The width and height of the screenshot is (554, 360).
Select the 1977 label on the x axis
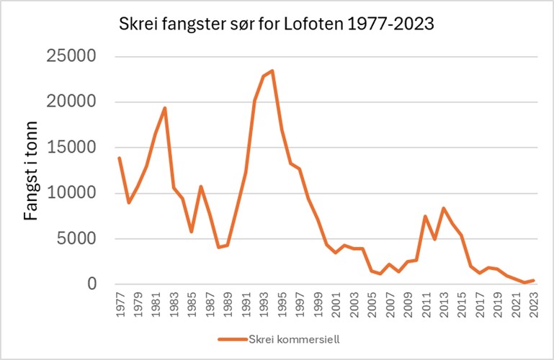tap(120, 303)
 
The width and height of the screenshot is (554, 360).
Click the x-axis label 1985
tap(192, 303)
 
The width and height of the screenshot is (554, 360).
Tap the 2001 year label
tap(336, 303)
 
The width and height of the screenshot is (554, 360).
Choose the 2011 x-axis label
tap(426, 303)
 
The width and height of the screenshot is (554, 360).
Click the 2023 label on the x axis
tap(534, 303)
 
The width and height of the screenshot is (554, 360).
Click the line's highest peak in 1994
tap(272, 71)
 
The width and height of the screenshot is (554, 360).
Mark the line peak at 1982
tap(165, 108)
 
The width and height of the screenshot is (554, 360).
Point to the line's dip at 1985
tap(192, 232)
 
